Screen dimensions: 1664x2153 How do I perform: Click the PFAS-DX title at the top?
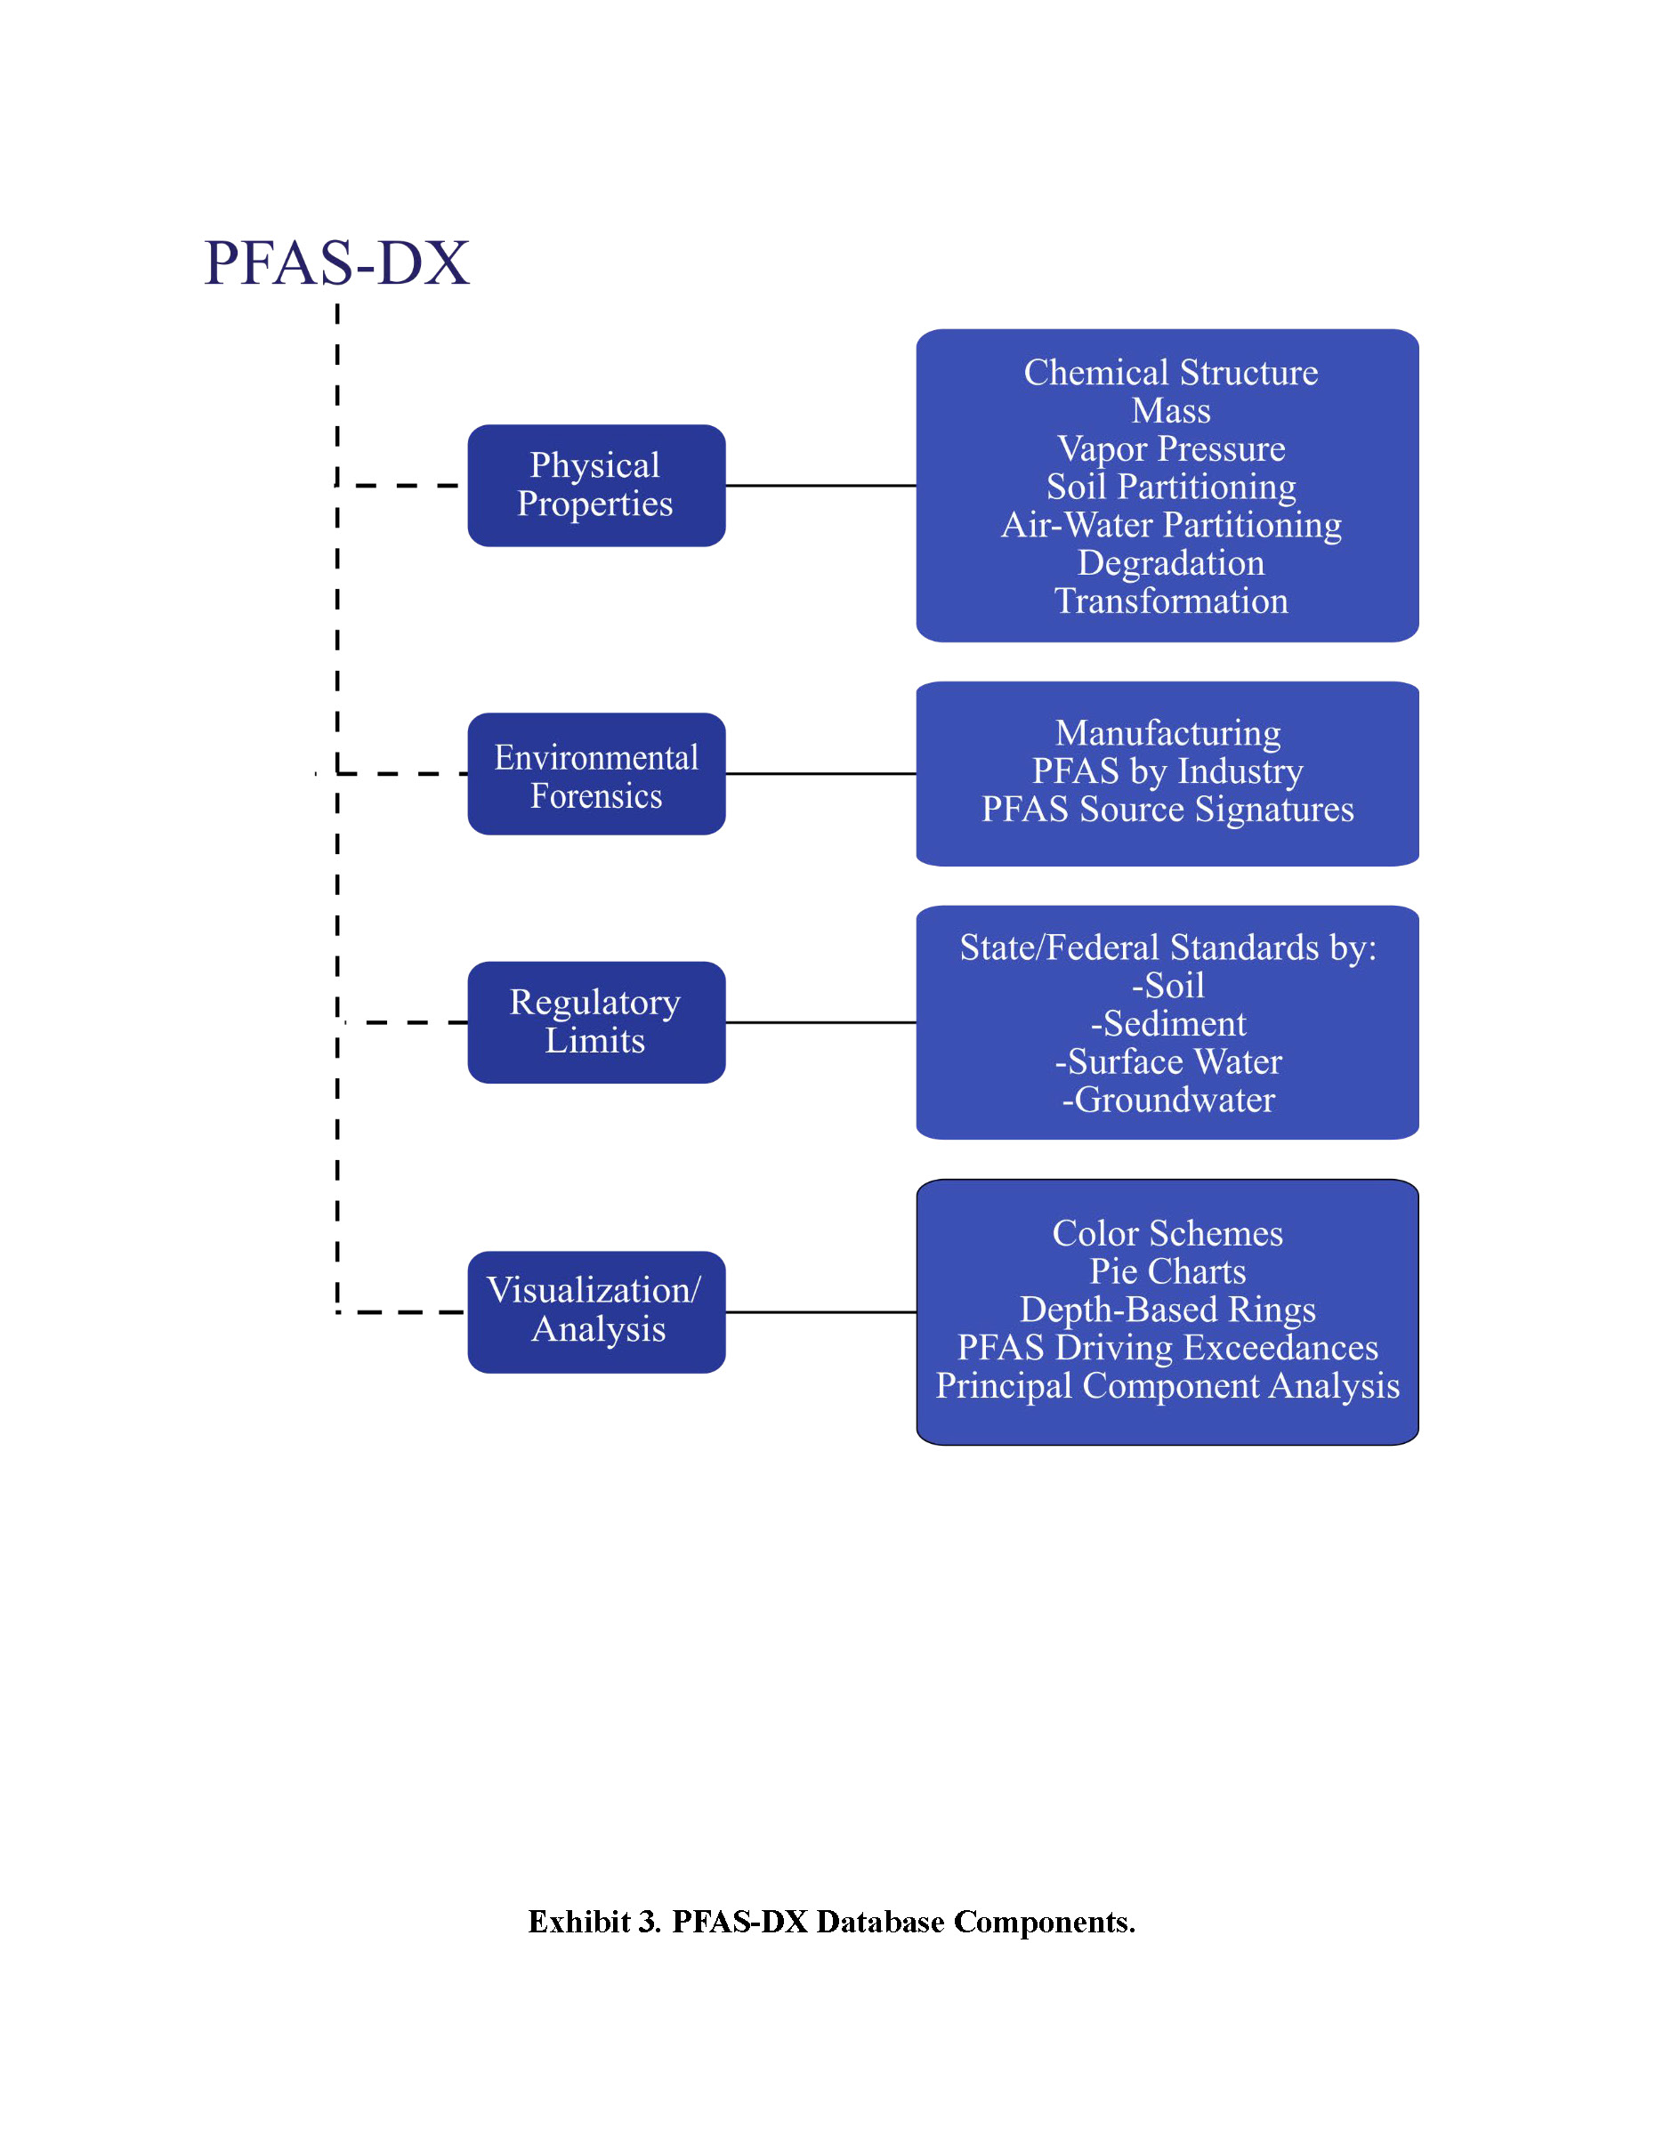click(336, 263)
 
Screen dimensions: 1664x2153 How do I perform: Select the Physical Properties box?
click(596, 485)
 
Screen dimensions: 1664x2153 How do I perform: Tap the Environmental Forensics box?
click(596, 774)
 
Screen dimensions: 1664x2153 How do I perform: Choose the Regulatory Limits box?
click(596, 1022)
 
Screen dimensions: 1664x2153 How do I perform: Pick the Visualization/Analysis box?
click(596, 1312)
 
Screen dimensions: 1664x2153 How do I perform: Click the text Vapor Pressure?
click(1171, 448)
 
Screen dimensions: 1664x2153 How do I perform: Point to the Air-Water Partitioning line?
click(1171, 524)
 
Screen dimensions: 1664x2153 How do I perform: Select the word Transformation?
click(1171, 601)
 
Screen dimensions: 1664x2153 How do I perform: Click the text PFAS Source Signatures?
click(1167, 810)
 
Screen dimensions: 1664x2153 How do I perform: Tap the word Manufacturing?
click(1168, 733)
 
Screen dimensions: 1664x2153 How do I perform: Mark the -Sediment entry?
click(1168, 1023)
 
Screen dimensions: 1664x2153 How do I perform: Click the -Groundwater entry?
click(1168, 1099)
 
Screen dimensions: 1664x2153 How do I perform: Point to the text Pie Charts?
click(1168, 1271)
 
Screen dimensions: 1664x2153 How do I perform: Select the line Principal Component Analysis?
click(1167, 1386)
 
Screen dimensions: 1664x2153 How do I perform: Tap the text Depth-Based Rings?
click(1168, 1310)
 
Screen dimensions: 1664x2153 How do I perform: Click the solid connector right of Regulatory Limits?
click(821, 1022)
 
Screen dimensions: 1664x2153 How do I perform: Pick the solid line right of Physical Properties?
click(821, 485)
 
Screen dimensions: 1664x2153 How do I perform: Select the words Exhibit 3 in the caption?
click(594, 1922)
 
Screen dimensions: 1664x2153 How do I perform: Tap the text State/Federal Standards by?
click(1168, 947)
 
